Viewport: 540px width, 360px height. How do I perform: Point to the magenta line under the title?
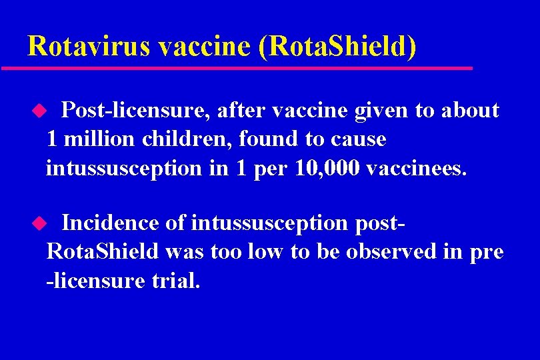237,68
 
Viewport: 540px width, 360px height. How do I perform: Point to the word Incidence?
110,223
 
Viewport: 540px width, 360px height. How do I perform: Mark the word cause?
363,139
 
